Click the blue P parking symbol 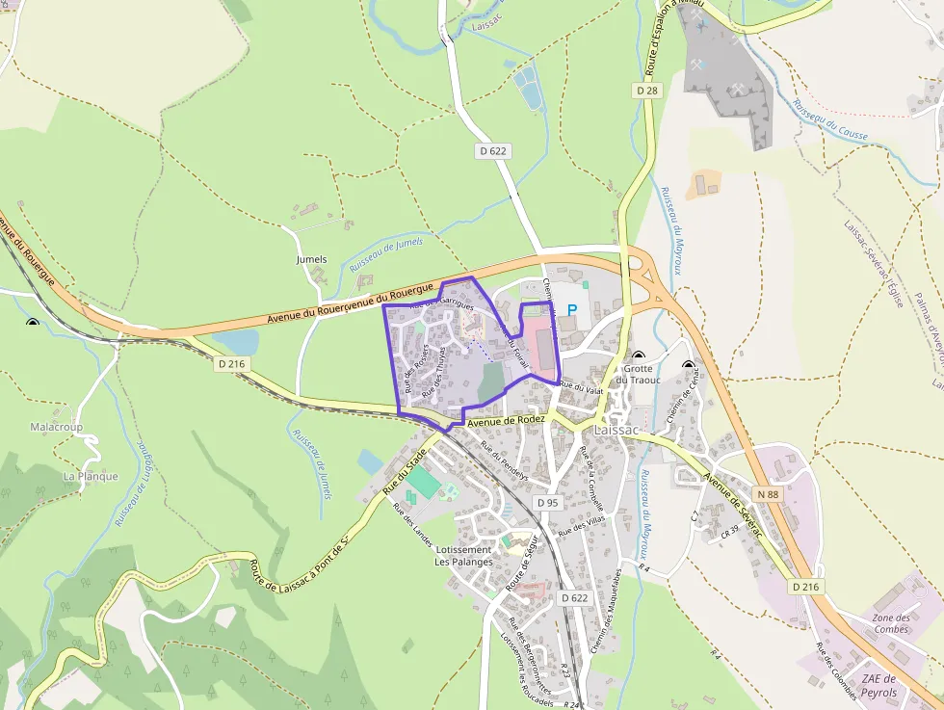[571, 310]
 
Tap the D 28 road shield [646, 90]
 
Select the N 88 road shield [767, 494]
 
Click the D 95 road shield [547, 503]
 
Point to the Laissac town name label [616, 430]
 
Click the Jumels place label [312, 259]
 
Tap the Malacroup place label [56, 427]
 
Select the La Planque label [91, 476]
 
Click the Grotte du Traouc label [638, 374]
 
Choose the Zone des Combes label [891, 623]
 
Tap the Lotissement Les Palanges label [463, 556]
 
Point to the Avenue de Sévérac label [733, 507]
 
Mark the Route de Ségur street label [526, 566]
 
